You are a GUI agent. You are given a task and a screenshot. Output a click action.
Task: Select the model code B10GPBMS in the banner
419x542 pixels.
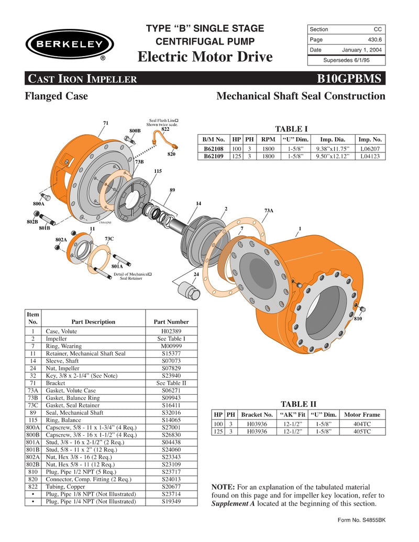coord(351,79)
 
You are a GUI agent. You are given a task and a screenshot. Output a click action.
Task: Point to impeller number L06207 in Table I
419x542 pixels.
coord(370,149)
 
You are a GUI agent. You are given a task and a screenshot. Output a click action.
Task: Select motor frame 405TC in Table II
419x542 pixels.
coord(361,432)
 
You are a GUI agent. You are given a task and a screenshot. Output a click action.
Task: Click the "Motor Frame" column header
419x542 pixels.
coord(362,415)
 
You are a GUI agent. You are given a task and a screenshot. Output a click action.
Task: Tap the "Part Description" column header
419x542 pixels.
coord(93,322)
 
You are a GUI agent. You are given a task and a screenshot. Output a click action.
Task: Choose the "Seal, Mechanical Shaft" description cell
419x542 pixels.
coord(74,413)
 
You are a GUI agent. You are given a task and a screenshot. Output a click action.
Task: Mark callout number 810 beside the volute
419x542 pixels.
coord(358,319)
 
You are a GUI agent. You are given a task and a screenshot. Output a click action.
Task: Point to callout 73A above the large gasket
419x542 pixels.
coord(269,210)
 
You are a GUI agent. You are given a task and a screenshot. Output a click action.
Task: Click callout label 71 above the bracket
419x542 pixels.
coord(105,123)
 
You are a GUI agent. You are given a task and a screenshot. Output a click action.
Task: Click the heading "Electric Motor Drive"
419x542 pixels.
coord(205,57)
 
